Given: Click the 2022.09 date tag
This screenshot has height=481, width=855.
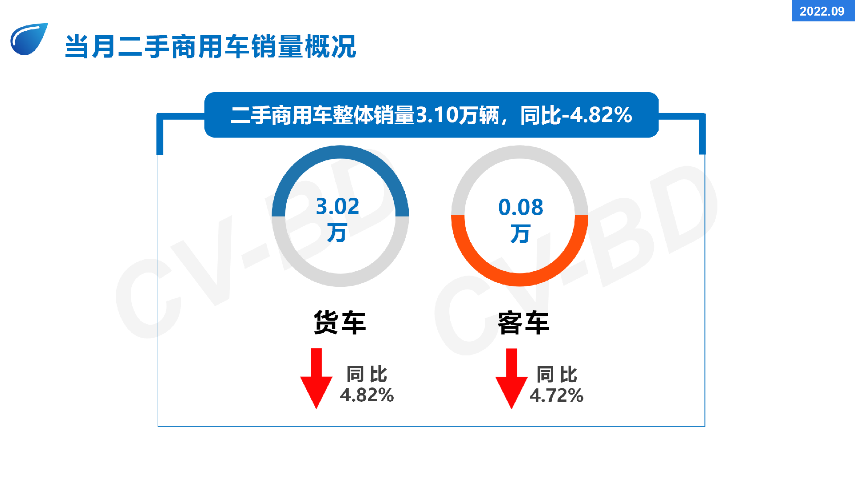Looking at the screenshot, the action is (x=822, y=11).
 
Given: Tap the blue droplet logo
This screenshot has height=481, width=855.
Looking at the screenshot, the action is (x=29, y=39).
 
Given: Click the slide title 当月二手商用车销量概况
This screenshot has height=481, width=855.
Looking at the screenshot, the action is (x=211, y=46).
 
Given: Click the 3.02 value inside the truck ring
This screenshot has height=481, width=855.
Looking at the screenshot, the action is (x=338, y=206).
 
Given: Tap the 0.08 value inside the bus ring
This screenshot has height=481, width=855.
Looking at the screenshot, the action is (x=521, y=207).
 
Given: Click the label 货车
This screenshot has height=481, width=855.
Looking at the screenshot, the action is (x=340, y=322).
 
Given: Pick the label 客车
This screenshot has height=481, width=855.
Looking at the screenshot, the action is (x=523, y=323).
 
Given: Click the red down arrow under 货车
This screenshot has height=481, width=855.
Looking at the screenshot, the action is (x=316, y=379).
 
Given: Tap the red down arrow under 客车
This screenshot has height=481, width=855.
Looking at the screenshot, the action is (x=512, y=379).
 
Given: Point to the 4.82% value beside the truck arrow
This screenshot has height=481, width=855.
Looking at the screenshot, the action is (x=367, y=395).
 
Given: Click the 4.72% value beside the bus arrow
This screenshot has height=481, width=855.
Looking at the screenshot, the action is (x=557, y=395).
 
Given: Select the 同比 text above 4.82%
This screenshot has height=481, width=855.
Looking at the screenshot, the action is (x=367, y=374).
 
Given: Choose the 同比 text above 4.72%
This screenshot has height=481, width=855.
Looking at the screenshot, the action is (x=557, y=375).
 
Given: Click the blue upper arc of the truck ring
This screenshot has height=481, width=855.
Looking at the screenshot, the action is (x=340, y=152).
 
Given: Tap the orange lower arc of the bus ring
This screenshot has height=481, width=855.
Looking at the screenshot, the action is (x=520, y=279).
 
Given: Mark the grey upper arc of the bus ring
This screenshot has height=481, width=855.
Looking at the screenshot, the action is (x=520, y=152).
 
